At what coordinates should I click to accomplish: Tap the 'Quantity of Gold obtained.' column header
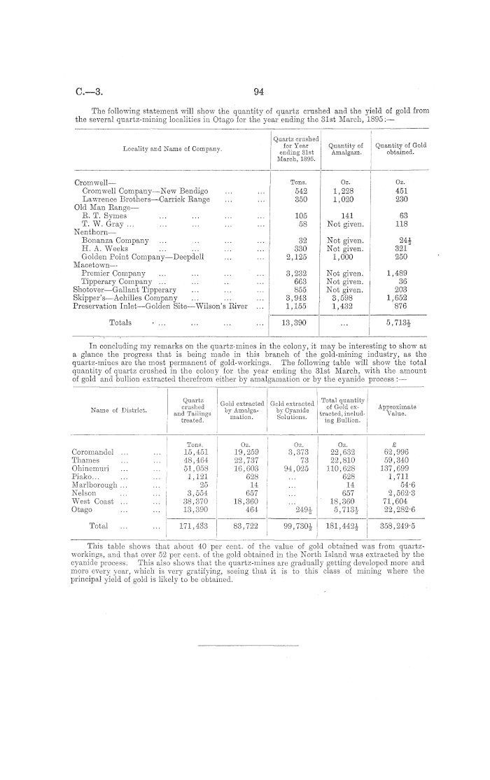point(401,149)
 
